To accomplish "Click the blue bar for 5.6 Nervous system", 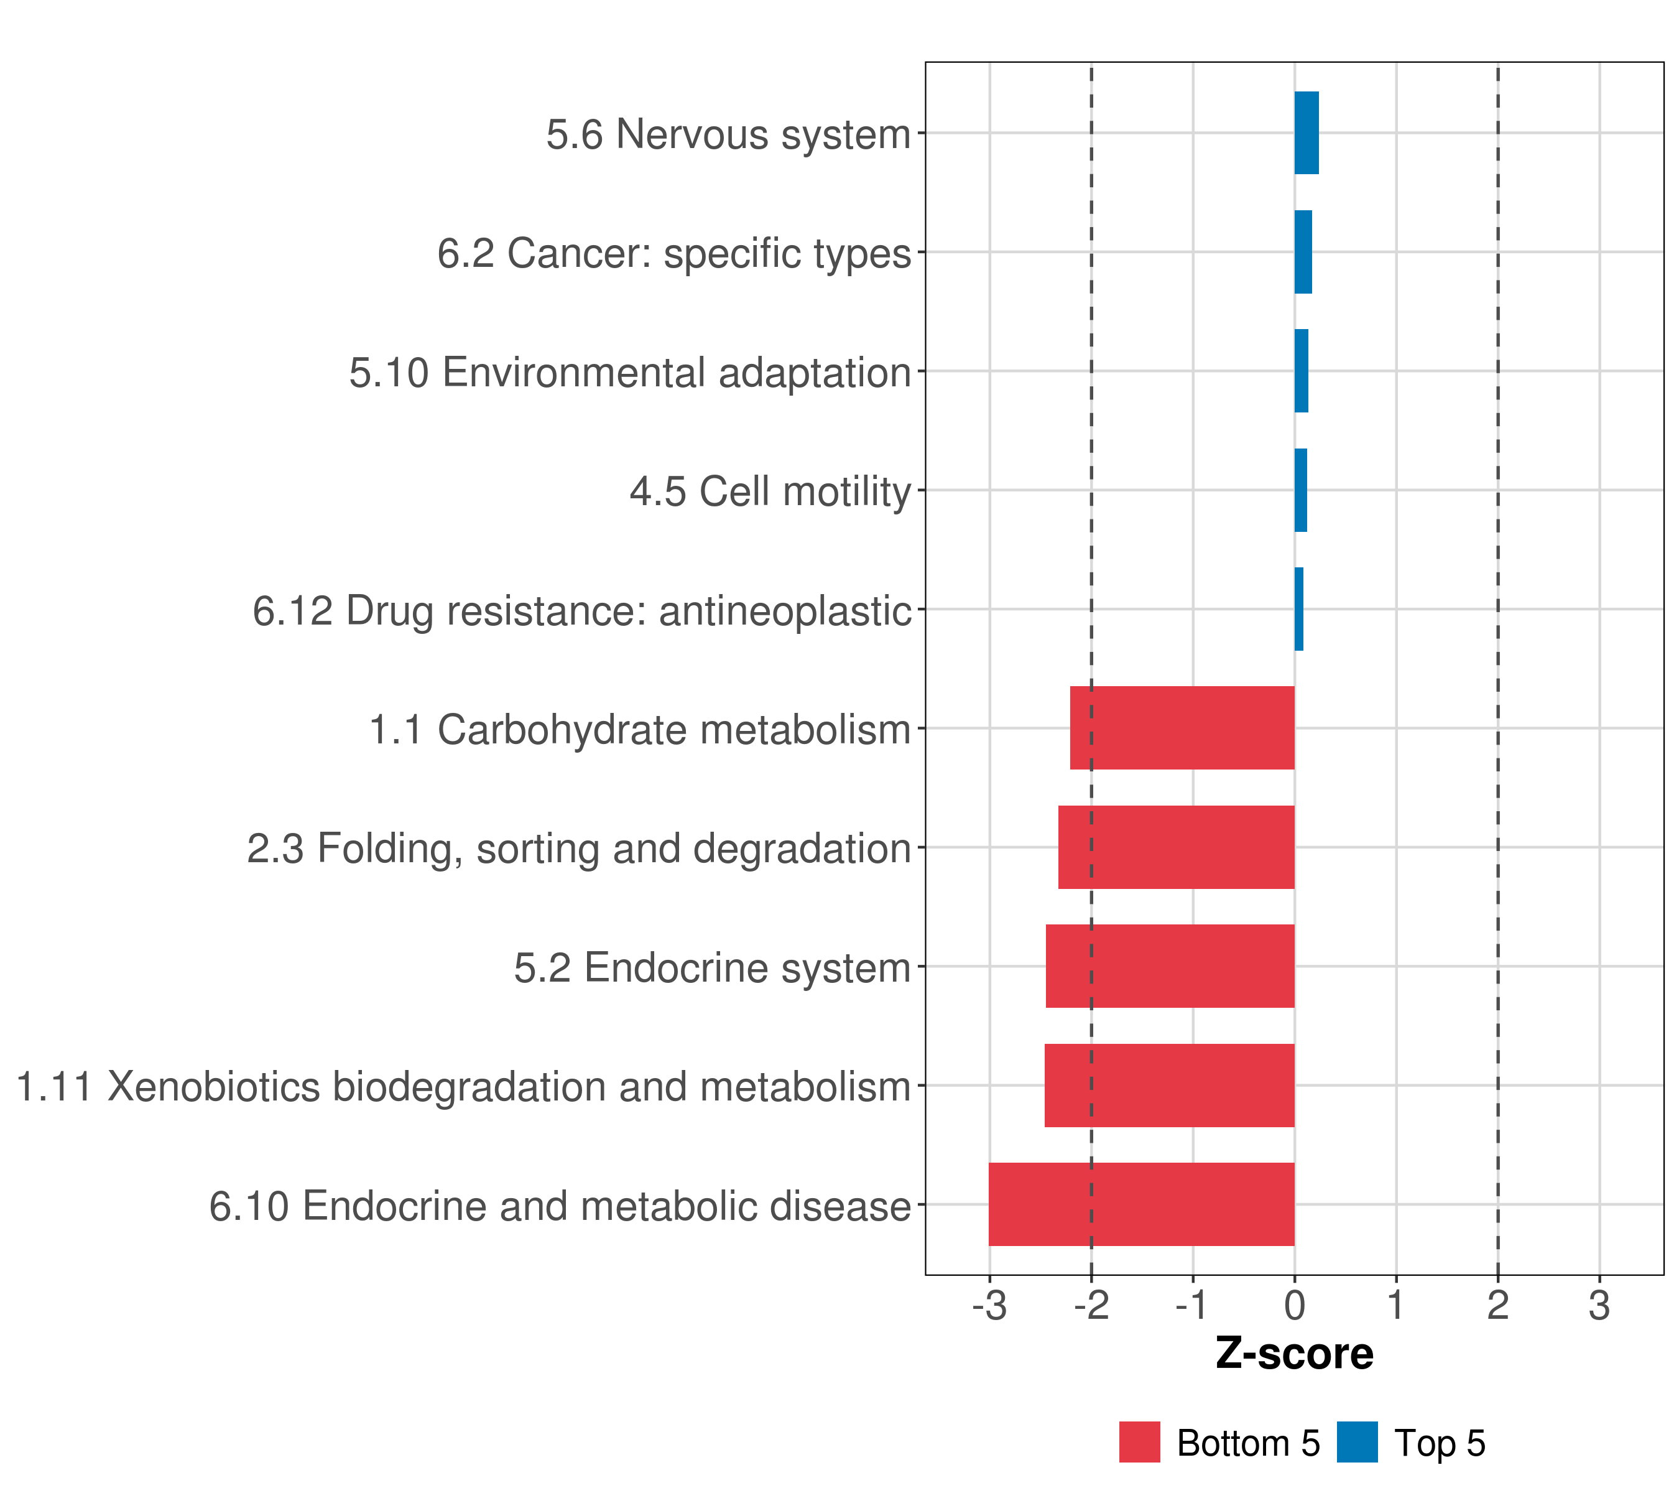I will tap(1306, 133).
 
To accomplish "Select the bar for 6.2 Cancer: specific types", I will tap(1303, 253).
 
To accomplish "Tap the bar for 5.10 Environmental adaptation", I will tap(1301, 371).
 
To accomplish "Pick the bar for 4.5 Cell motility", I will tap(1300, 491).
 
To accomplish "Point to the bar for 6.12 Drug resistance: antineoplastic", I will tap(1298, 609).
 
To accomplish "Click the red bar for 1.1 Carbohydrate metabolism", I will tap(1182, 728).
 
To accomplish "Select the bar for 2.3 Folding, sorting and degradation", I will tap(1177, 847).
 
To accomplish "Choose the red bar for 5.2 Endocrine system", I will tap(1170, 966).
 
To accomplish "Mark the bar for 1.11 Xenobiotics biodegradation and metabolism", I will tap(1169, 1086).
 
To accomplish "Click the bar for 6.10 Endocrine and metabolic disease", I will tap(1141, 1204).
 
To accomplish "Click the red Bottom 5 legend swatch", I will tap(1139, 1443).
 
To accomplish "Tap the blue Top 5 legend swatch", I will tap(1357, 1443).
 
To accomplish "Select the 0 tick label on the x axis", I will tap(1295, 1306).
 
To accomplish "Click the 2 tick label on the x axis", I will tap(1497, 1306).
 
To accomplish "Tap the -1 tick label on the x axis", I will tap(1192, 1306).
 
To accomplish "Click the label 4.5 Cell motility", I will tap(770, 492).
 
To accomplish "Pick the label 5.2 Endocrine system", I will tap(712, 968).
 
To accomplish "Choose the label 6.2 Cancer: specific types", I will tap(673, 254).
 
